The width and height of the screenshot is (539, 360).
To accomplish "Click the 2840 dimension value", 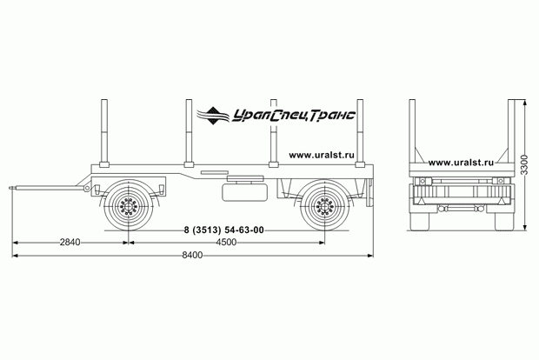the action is (70, 243).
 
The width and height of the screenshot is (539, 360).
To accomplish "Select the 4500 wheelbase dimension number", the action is (226, 243).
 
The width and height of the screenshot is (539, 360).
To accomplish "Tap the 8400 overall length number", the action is (192, 255).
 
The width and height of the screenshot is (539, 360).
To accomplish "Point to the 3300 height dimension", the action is (523, 164).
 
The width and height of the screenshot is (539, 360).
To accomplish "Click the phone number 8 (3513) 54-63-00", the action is (223, 230).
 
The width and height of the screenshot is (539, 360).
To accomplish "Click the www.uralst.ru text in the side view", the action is (322, 155).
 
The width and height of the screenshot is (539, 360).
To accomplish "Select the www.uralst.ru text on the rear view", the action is (461, 163).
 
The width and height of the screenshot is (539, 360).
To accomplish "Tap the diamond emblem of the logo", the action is (213, 116).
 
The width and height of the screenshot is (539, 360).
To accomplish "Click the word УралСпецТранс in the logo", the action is (294, 116).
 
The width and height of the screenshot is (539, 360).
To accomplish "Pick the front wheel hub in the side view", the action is (128, 207).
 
